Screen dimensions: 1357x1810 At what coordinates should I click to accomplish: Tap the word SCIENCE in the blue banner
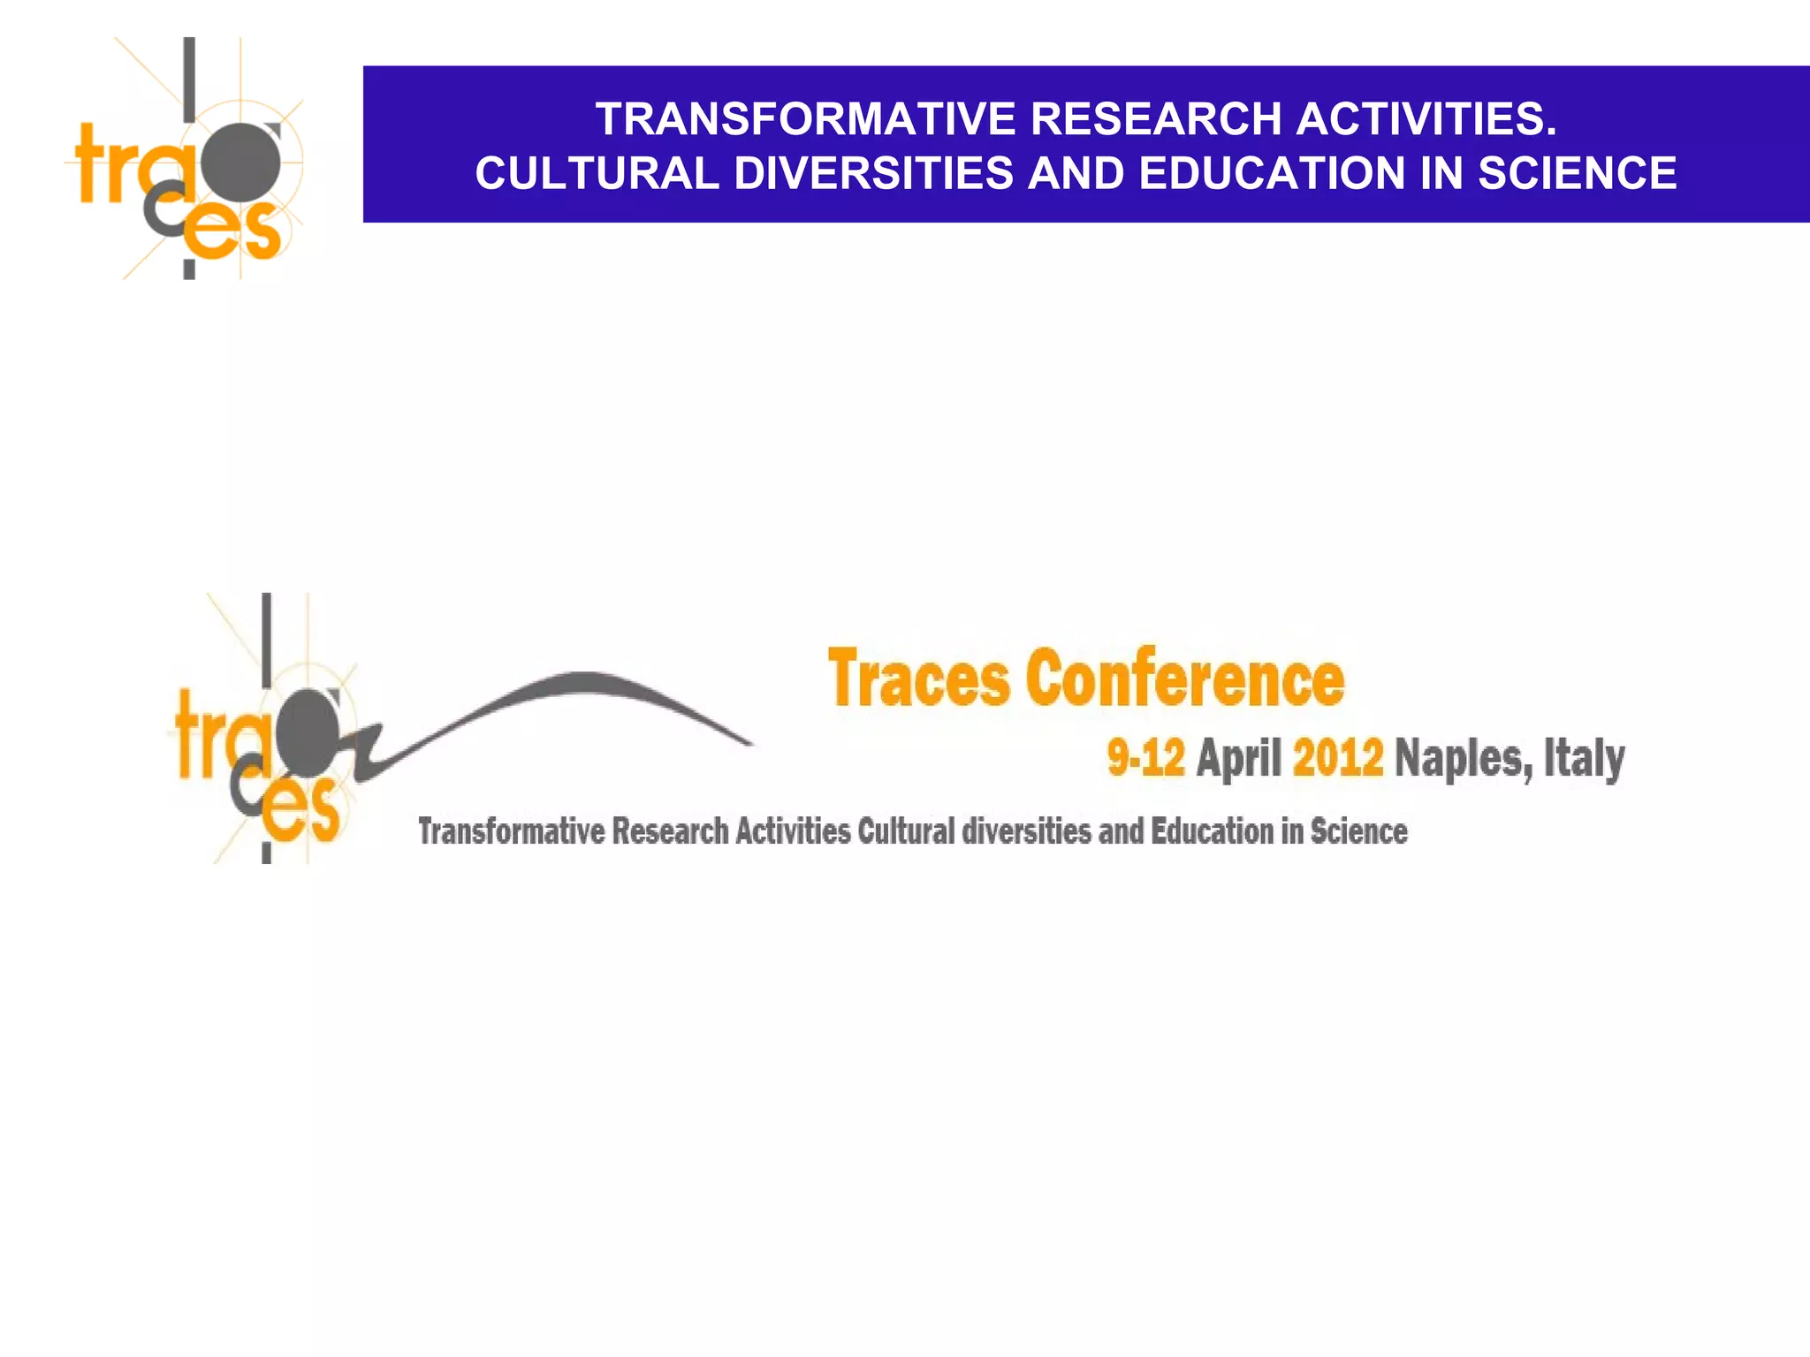click(1578, 173)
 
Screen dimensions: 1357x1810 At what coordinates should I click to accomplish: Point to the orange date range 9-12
click(1145, 758)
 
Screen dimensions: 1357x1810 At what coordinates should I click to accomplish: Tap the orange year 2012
click(1338, 758)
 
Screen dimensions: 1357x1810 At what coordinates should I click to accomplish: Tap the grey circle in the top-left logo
click(240, 162)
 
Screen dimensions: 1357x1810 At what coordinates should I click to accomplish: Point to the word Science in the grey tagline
click(1358, 831)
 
